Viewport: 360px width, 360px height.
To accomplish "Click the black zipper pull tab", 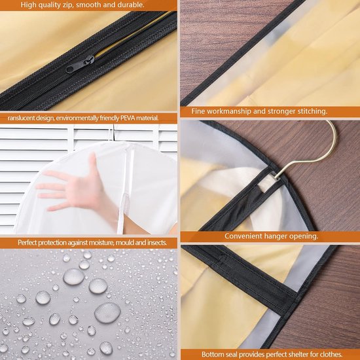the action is (80, 65).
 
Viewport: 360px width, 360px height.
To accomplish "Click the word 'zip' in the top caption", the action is (69, 5).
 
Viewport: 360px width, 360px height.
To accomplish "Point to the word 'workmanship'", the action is (228, 111).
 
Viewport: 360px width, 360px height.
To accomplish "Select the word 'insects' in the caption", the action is (157, 242).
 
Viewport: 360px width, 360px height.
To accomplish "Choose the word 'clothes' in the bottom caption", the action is (331, 354).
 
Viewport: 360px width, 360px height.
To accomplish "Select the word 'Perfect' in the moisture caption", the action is (27, 242).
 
